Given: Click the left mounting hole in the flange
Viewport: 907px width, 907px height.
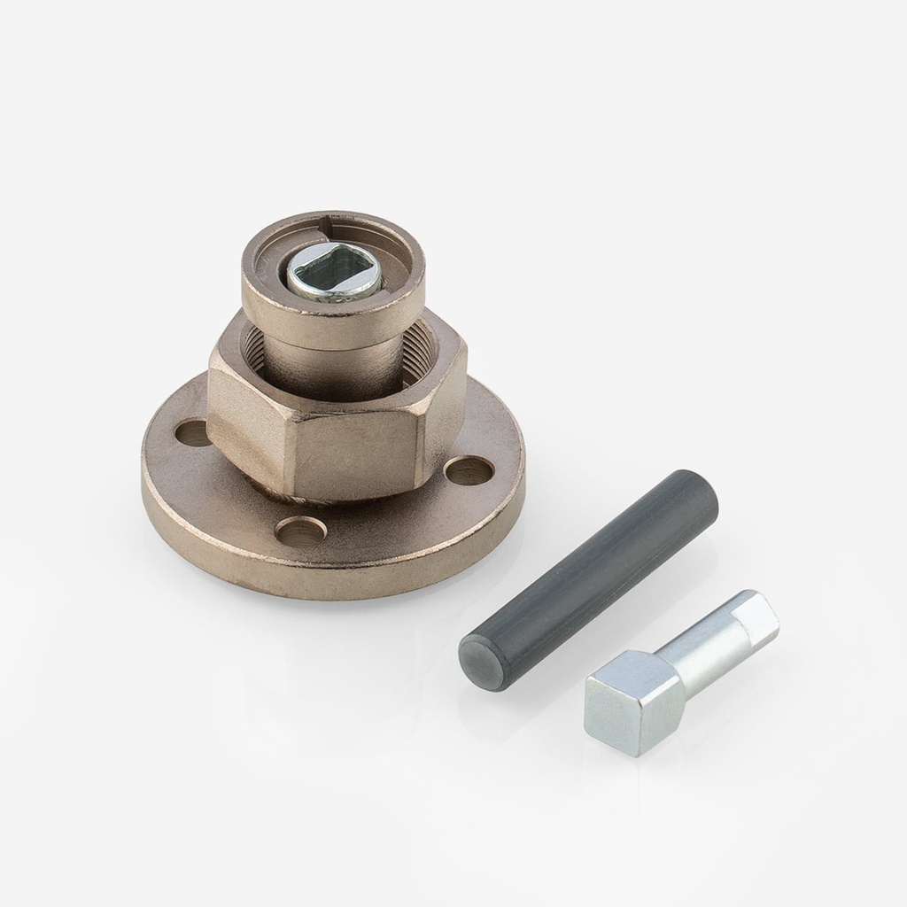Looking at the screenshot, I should click(x=192, y=433).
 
